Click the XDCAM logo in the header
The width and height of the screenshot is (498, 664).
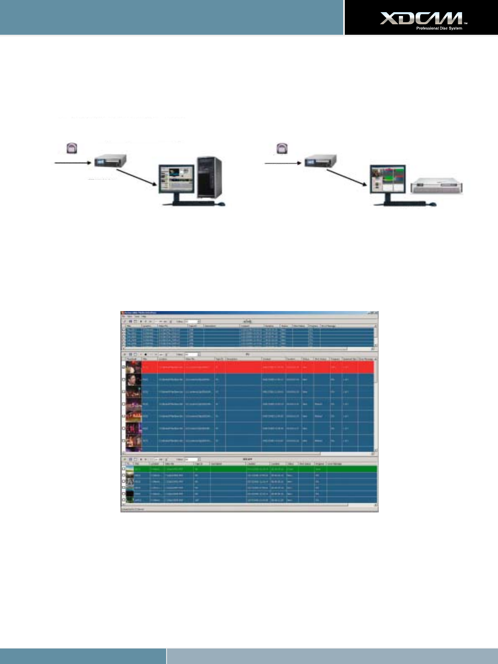pos(421,18)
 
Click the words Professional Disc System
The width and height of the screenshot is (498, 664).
pos(439,28)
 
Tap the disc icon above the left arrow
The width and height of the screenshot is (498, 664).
pos(72,148)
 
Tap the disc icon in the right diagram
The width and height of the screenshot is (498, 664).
pos(282,148)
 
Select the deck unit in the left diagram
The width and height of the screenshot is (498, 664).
pos(110,161)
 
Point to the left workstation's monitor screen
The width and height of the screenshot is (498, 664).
pos(176,178)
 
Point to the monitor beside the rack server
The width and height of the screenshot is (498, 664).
pos(388,179)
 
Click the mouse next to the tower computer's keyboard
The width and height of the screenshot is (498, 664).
pos(222,204)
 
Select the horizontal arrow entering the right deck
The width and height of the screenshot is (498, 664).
pos(283,162)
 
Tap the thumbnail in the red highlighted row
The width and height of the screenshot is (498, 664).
pos(133,367)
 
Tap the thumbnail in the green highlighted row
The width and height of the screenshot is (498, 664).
pos(130,469)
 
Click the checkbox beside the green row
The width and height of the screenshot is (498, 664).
pos(123,469)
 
